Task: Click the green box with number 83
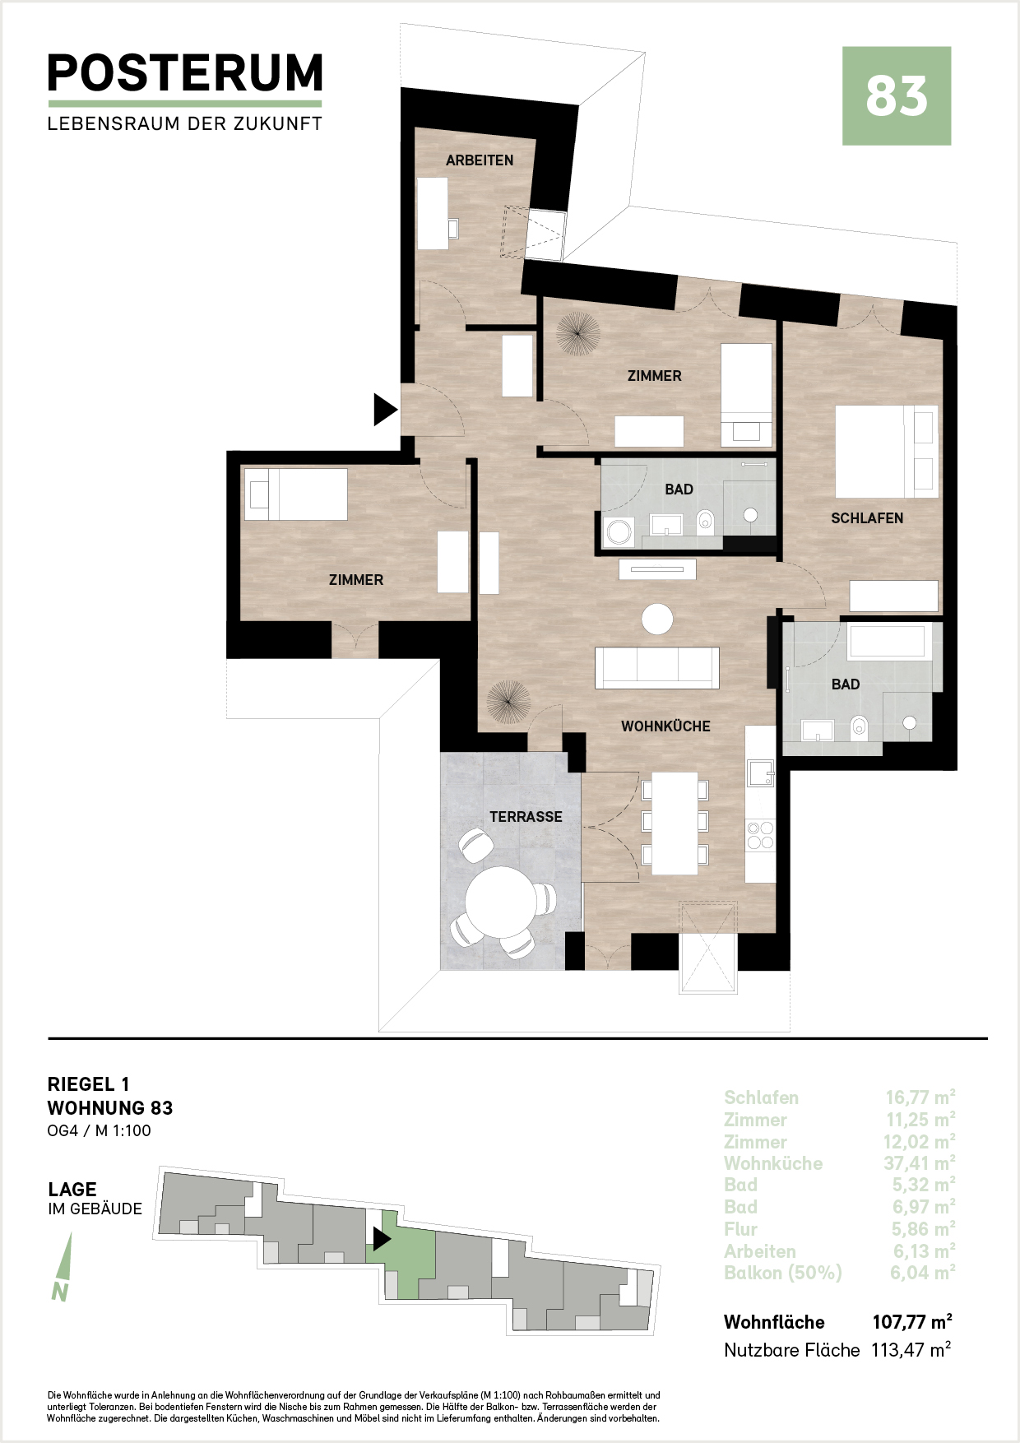[897, 96]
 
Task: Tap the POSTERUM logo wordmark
[185, 73]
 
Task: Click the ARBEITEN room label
[480, 160]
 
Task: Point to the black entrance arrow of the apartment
[385, 409]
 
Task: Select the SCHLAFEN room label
[867, 518]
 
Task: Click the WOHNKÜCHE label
[665, 726]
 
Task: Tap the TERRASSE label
[526, 817]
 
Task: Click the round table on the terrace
[500, 902]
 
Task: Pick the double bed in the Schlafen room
[887, 452]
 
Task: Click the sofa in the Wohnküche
[657, 667]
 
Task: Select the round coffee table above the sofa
[657, 619]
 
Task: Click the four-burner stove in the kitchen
[760, 835]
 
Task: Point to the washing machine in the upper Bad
[618, 532]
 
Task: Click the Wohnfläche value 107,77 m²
[912, 1322]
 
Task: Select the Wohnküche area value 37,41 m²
[920, 1163]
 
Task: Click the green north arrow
[63, 1267]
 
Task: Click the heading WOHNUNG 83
[110, 1108]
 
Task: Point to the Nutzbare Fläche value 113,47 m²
[911, 1350]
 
